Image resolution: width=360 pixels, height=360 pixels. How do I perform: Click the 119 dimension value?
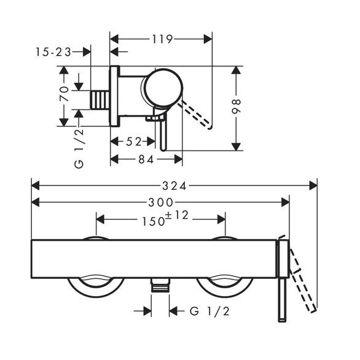point(162,39)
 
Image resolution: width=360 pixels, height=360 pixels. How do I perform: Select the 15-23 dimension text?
point(53,52)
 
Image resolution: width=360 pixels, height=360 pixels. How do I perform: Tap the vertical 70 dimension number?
point(64,93)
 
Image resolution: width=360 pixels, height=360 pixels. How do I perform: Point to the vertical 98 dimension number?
point(236,106)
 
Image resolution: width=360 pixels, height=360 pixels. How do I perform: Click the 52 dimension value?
point(134,142)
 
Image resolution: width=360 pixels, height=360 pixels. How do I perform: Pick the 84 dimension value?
point(146,159)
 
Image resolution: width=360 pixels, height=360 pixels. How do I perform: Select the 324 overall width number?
point(174,186)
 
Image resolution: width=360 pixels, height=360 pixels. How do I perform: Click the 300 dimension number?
point(161,203)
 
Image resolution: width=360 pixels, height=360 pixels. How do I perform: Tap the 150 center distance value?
point(154,222)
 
